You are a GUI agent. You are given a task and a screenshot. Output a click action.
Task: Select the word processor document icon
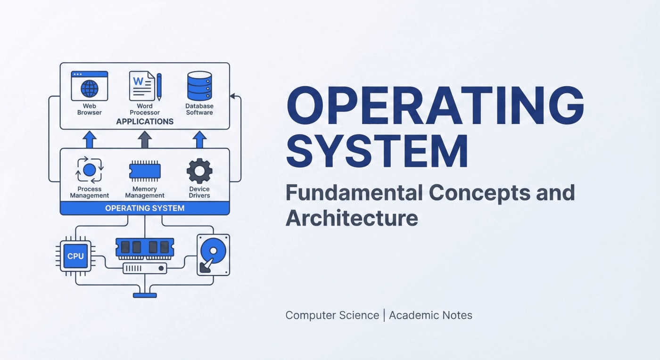coord(142,86)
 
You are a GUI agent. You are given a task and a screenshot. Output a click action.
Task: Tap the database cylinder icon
coord(199,86)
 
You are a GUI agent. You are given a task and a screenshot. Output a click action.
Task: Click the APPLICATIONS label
coord(145,122)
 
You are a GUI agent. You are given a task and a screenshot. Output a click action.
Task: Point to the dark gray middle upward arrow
coord(145,139)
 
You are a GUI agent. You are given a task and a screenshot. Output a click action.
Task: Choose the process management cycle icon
coord(89,170)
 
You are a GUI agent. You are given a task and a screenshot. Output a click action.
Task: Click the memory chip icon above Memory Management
coord(145,171)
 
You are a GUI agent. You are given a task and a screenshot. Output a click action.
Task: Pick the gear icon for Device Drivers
coord(199,171)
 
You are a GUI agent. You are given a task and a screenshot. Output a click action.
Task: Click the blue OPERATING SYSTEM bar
coord(145,208)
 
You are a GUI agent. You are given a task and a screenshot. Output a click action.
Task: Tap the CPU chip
coord(75,256)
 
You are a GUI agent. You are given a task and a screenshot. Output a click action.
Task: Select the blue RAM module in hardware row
coord(145,247)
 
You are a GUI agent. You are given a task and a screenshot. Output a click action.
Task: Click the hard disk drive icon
coord(213,254)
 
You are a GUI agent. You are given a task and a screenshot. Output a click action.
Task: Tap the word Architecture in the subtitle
coord(352,218)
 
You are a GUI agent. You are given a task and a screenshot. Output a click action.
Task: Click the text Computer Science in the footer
coord(332,315)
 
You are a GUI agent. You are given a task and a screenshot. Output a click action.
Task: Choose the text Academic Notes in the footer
coord(430,315)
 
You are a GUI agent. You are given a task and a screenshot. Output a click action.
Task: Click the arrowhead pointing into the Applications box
coord(232,97)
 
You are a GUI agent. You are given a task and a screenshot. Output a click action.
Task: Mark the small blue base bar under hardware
coord(145,295)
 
